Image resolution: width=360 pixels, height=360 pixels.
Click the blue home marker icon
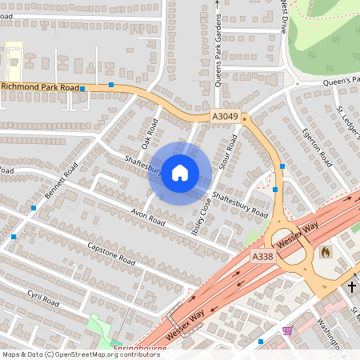tap(180, 173)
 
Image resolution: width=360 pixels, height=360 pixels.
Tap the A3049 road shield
tap(225, 118)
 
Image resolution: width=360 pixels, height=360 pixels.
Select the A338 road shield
tap(262, 257)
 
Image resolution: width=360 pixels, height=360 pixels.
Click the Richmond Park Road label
tap(40, 86)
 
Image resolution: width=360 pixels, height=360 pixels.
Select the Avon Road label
tap(146, 217)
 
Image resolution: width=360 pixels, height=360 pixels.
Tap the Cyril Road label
tap(43, 298)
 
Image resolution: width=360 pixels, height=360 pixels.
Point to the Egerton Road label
tap(315, 146)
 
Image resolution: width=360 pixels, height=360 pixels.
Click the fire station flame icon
tap(325, 251)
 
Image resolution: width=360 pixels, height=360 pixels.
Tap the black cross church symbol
tap(351, 286)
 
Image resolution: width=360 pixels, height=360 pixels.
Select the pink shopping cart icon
tap(287, 330)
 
